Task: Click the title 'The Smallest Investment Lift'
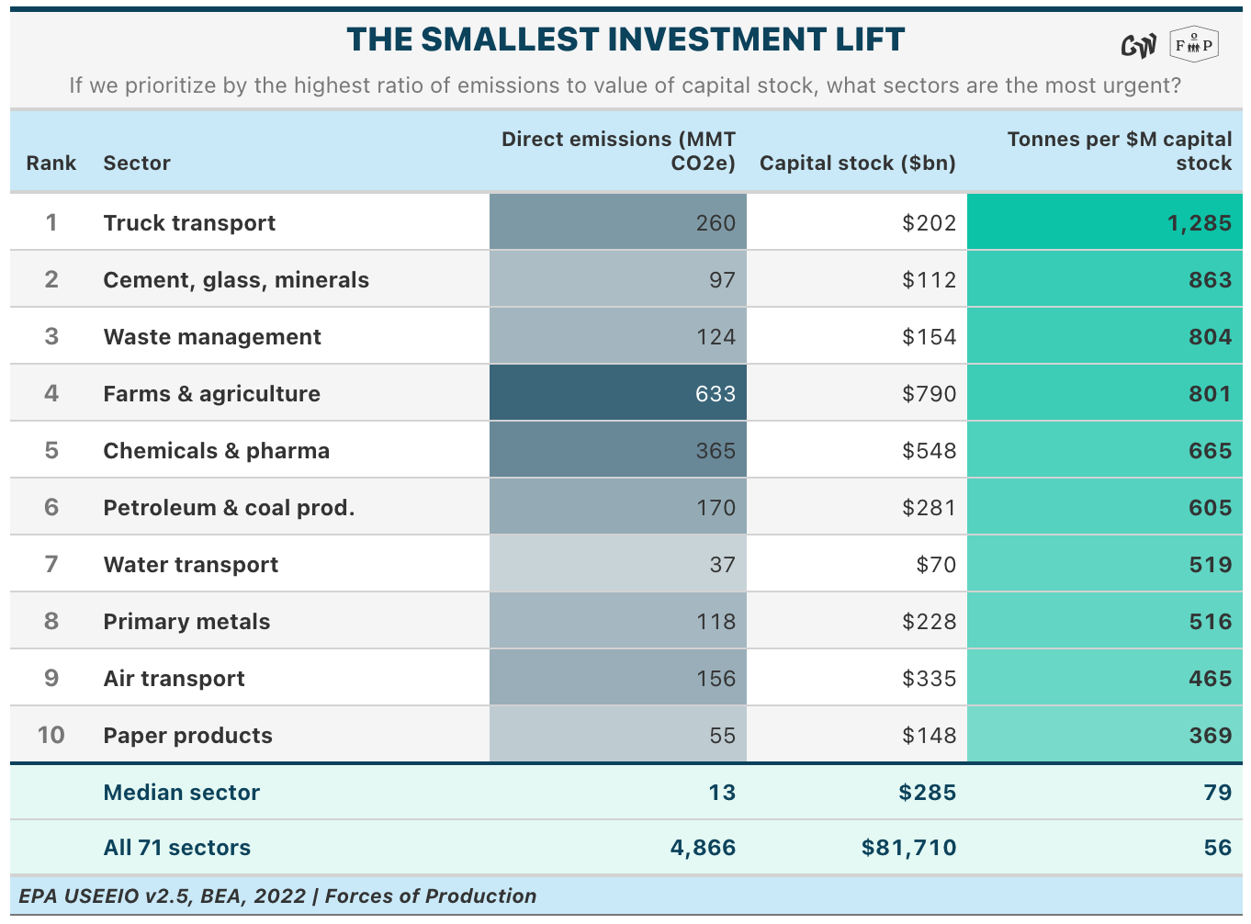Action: click(x=625, y=39)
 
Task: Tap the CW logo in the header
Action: click(x=1138, y=46)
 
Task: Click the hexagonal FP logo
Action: click(x=1194, y=45)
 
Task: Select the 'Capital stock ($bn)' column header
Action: click(x=857, y=163)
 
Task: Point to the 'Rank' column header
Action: click(x=51, y=163)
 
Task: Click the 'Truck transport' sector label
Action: click(x=189, y=223)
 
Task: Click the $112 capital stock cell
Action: click(x=929, y=280)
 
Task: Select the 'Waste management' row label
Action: click(x=212, y=337)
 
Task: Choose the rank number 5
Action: click(x=51, y=450)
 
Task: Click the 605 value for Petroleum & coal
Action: click(x=1210, y=508)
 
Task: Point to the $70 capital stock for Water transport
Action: click(x=936, y=565)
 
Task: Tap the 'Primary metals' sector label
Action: click(x=186, y=622)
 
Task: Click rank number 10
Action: click(x=51, y=735)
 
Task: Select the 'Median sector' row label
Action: click(x=182, y=793)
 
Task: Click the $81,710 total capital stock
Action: click(x=908, y=848)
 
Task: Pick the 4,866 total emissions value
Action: click(x=703, y=848)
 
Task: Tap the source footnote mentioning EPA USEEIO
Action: click(x=277, y=896)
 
